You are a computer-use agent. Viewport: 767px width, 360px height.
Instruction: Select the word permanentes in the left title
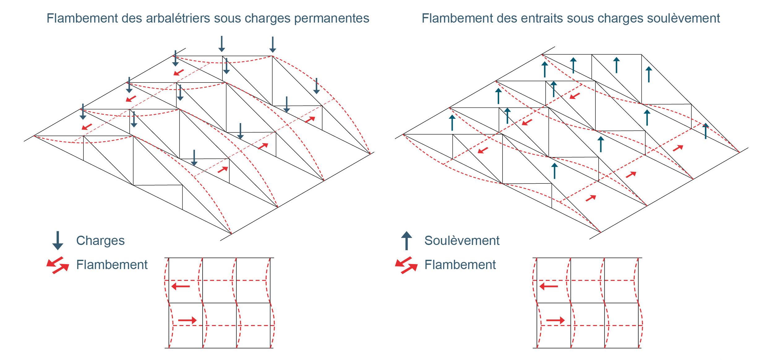(x=332, y=19)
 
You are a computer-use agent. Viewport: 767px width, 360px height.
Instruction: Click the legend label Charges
(x=100, y=241)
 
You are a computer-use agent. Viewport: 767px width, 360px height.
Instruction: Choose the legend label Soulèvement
(x=462, y=241)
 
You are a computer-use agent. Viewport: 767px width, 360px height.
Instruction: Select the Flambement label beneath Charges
(x=112, y=265)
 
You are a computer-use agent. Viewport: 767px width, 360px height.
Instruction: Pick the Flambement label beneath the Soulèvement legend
(x=460, y=265)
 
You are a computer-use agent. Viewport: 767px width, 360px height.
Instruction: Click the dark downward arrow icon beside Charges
(x=58, y=241)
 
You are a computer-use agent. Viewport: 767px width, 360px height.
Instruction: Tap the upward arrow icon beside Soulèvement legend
(x=406, y=240)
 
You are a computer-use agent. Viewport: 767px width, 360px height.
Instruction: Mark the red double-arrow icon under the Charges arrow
(x=58, y=265)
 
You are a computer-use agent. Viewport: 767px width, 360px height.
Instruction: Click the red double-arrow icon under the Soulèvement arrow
(x=406, y=265)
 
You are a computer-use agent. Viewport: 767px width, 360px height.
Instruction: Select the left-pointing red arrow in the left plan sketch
(x=181, y=286)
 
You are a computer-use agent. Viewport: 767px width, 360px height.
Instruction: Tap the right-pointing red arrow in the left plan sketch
(x=187, y=320)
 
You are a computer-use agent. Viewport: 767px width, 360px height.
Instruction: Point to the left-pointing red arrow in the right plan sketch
(x=549, y=286)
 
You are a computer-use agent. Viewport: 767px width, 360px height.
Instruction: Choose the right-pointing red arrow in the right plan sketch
(x=555, y=320)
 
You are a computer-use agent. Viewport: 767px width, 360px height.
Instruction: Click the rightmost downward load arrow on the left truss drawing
(x=316, y=86)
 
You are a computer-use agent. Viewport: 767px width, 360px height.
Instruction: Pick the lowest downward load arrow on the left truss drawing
(x=194, y=158)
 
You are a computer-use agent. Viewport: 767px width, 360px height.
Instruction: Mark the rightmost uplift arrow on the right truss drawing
(x=705, y=131)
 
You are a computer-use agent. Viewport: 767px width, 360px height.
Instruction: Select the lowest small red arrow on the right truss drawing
(x=591, y=198)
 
